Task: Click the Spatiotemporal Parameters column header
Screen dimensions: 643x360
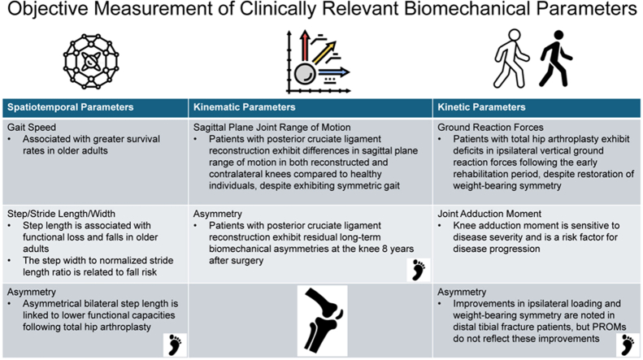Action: click(x=71, y=107)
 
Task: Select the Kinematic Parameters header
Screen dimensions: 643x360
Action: click(x=245, y=107)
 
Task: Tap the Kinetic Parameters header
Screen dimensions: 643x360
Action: click(x=481, y=107)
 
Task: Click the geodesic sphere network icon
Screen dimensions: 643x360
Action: click(x=91, y=62)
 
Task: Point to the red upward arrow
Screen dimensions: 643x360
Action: click(x=304, y=46)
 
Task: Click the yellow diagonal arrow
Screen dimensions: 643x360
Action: click(x=324, y=53)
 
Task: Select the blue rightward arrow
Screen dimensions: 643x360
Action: click(x=334, y=72)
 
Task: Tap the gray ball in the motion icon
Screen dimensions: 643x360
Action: click(x=305, y=74)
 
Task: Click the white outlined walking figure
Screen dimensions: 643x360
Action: click(x=510, y=59)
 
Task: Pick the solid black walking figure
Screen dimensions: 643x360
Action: click(x=556, y=59)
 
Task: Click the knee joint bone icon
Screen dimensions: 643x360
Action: click(x=323, y=321)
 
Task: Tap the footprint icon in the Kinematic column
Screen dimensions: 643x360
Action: click(x=419, y=270)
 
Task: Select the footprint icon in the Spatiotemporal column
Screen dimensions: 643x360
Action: click(x=175, y=345)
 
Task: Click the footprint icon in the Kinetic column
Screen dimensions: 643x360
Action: click(x=628, y=345)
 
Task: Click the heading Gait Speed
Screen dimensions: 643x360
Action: click(x=32, y=128)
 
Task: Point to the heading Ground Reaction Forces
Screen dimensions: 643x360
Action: click(x=490, y=128)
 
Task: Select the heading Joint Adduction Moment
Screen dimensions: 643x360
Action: click(x=489, y=214)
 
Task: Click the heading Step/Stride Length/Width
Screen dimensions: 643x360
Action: click(x=61, y=214)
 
